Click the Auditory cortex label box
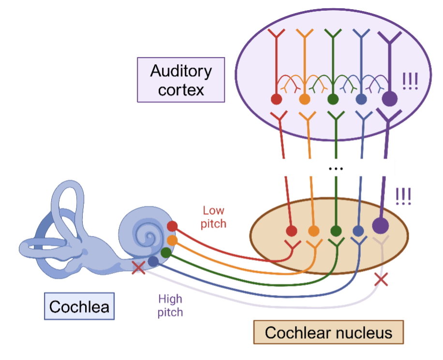[181, 80]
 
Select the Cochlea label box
[79, 306]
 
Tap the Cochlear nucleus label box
[328, 332]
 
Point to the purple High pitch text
[170, 305]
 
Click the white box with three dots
[336, 168]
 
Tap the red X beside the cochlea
[139, 267]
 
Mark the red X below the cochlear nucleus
[382, 279]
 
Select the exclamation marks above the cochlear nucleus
[403, 196]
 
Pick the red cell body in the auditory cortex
[276, 100]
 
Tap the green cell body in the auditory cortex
[333, 100]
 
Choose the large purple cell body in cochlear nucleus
[381, 225]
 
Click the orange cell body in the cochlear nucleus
[313, 231]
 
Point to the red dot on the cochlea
[172, 226]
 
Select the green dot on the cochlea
[166, 252]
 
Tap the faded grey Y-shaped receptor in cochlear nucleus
[382, 244]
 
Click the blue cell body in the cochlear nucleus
[358, 231]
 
